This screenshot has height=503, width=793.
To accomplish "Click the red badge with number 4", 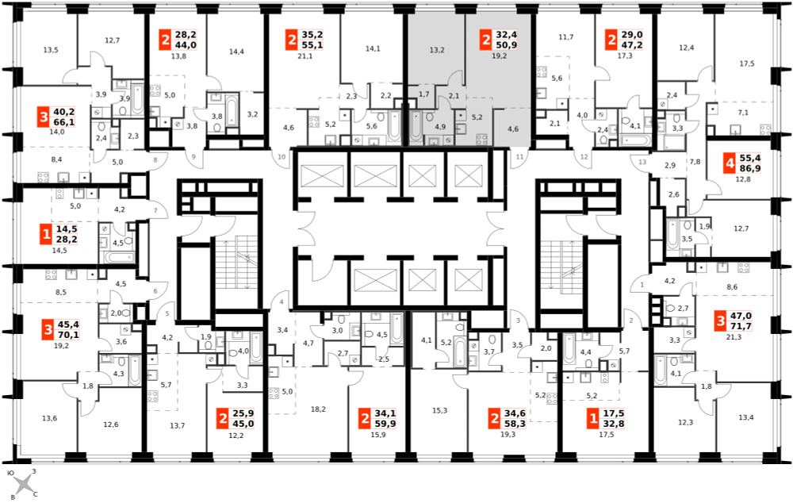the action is coord(730,163).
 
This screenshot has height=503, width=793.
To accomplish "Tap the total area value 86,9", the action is coord(750,168).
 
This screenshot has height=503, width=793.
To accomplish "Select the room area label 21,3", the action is coord(734,337).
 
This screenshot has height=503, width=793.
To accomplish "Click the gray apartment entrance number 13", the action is coord(642,162).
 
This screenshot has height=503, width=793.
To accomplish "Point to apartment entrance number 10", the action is coord(282,157).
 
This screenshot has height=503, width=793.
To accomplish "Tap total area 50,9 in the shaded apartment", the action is coord(506,45).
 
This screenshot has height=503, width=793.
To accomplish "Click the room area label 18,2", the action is coord(318,409).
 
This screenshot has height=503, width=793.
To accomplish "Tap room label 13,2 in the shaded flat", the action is coord(437,50).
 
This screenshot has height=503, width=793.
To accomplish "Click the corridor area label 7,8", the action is coord(695,162).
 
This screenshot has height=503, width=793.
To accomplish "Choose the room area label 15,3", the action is coord(439,410).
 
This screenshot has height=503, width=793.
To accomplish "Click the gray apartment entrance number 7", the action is coord(155,210).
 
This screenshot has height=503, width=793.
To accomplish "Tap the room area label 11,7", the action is coord(566,37).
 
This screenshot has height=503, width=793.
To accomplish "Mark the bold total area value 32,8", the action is coord(614,424).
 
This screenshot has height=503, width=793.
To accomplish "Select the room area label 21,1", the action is coord(305,56).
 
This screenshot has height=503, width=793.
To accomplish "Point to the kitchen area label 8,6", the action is coord(732,287).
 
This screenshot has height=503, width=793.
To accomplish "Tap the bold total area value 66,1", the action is coord(63,122).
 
